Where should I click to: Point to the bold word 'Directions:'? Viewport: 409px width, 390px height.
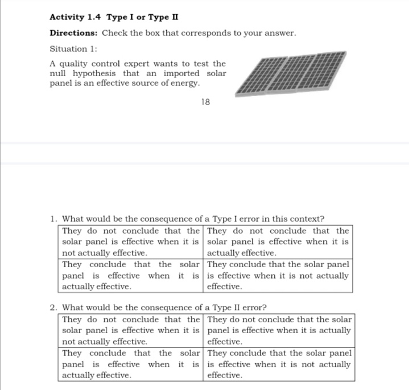[x=74, y=33]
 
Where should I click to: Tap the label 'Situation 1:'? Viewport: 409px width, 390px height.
[x=73, y=49]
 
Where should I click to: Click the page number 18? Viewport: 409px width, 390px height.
[x=205, y=102]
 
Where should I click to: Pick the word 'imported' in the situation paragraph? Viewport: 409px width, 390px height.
[x=181, y=73]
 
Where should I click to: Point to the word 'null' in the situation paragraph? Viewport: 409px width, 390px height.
[x=58, y=73]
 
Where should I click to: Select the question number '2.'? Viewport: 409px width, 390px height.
[x=53, y=308]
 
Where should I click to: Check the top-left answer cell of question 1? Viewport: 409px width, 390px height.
[x=131, y=242]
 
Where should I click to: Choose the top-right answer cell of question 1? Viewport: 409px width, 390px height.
[x=278, y=242]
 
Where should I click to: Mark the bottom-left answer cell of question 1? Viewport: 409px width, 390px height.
[x=131, y=276]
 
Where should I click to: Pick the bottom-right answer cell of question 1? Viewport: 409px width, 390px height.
[x=278, y=276]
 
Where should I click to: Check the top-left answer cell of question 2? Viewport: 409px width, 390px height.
[x=131, y=330]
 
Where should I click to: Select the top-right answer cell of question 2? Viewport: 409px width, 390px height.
[x=279, y=330]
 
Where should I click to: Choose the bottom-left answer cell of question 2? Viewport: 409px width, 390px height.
[x=131, y=364]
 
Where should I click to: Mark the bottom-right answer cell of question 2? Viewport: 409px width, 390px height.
[x=279, y=364]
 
